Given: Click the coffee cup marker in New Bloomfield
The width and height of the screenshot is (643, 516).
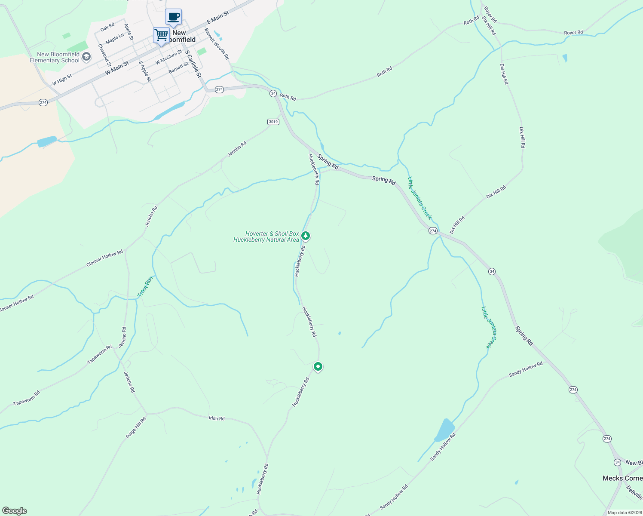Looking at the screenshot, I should [174, 17].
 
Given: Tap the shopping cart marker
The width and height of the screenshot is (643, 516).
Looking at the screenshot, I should [161, 35].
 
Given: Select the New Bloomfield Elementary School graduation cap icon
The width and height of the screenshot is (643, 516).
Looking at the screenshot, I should [86, 57].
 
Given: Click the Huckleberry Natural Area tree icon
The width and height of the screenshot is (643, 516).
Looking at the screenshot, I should [306, 236].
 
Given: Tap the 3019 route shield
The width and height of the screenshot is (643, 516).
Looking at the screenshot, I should [273, 122].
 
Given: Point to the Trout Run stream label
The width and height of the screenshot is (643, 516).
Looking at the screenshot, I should [145, 287].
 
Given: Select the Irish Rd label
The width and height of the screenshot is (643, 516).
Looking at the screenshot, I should [217, 418].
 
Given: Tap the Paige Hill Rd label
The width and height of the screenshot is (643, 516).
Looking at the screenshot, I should [136, 427].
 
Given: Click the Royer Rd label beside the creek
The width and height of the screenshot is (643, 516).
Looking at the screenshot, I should [573, 33].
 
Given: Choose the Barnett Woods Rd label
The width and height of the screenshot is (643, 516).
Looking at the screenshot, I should [217, 44].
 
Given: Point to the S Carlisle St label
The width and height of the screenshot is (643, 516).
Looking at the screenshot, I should [193, 64].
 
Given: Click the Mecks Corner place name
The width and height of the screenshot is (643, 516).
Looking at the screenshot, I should [622, 478].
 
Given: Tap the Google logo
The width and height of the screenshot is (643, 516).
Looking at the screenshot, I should [14, 511].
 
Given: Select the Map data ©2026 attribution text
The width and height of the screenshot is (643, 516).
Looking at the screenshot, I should [624, 513].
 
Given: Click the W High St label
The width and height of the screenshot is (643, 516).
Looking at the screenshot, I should [62, 80].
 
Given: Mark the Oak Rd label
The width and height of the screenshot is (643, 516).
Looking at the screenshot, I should [107, 28].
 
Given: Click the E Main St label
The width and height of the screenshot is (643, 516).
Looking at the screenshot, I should [218, 18].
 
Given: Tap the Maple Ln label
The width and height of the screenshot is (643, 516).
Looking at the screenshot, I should [114, 38].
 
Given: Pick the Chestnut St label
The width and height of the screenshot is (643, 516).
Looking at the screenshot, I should [104, 55].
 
